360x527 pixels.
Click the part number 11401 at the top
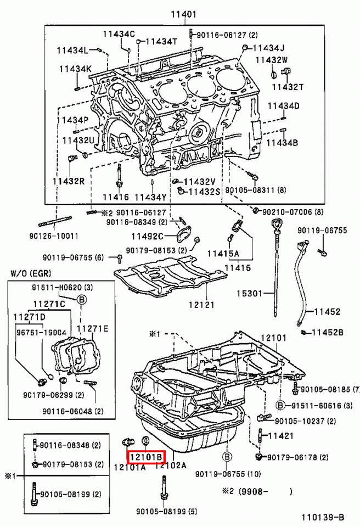[x=183, y=14]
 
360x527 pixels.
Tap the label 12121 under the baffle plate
[x=201, y=305]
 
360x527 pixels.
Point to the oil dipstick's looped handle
[x=277, y=223]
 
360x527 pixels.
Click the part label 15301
[x=250, y=293]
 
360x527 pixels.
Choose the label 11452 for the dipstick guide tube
[x=327, y=312]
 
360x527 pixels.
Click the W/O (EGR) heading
[x=31, y=273]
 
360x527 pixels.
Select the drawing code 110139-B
[x=323, y=517]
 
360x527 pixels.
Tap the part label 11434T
[x=161, y=41]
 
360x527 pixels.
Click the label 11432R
[x=69, y=181]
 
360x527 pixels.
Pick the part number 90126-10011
[x=54, y=236]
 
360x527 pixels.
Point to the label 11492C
[x=147, y=236]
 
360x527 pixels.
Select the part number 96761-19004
[x=41, y=333]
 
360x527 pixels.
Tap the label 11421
[x=281, y=435]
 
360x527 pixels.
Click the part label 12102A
[x=171, y=466]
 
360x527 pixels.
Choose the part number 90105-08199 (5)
[x=166, y=512]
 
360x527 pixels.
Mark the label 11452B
[x=328, y=333]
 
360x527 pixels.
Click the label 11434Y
[x=151, y=197]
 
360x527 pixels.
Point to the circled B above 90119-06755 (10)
[x=227, y=457]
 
